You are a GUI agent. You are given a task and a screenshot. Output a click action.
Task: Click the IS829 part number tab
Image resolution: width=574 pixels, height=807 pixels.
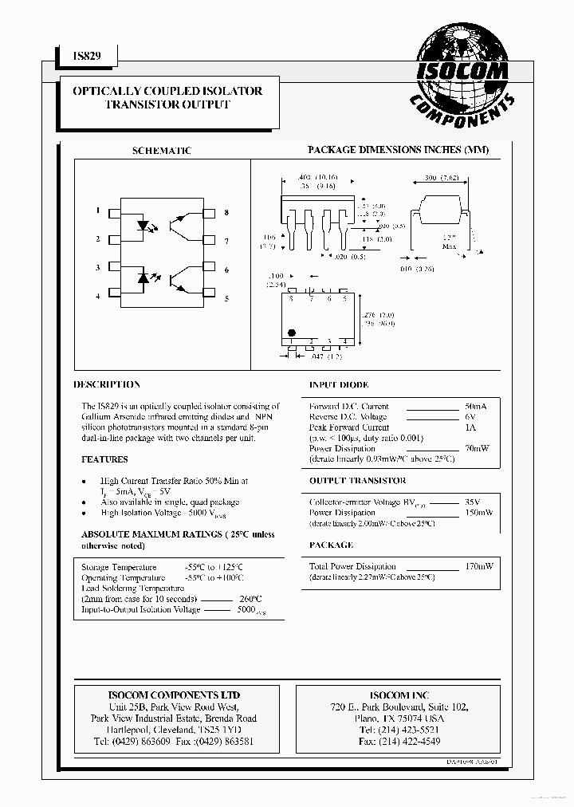coord(85,54)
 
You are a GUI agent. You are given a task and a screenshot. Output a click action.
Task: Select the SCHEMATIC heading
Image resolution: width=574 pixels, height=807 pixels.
coord(161,151)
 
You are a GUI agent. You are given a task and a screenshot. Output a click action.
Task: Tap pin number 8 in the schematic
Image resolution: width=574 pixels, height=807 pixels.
coord(226,213)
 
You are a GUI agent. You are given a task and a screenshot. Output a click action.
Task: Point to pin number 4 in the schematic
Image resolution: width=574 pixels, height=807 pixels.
coord(98,296)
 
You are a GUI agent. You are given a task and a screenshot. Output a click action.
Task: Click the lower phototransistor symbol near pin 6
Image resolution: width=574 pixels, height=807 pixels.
coord(188,279)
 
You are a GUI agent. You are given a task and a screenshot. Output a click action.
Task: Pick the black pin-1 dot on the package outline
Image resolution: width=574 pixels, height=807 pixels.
coord(292,332)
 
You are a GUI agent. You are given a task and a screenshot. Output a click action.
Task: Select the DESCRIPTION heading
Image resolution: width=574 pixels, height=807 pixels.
coord(107,384)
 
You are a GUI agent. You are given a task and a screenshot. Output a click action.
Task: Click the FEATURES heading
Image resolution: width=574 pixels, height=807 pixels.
coord(104,459)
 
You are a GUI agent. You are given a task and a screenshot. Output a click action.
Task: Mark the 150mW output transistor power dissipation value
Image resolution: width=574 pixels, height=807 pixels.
coord(478,513)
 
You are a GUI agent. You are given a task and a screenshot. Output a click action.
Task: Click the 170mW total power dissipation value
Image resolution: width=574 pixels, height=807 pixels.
coord(478,565)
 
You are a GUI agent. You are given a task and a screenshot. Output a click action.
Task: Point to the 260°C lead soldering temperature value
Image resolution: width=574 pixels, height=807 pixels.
coord(249,599)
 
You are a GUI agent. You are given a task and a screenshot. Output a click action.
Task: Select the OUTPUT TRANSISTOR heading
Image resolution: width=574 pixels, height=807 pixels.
coord(357,481)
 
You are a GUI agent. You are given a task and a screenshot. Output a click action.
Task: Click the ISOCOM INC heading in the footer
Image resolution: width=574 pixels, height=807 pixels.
coord(398,695)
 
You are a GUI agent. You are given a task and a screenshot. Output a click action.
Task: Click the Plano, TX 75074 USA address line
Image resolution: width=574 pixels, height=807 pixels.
coord(398,718)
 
